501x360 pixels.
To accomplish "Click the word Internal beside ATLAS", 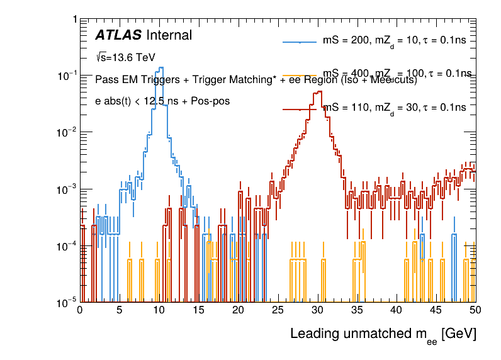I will (x=169, y=35).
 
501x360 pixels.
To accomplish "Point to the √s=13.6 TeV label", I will (x=125, y=57).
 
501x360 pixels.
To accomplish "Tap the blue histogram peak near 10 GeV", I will (x=162, y=68).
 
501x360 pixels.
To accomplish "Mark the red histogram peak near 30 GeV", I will (x=319, y=92).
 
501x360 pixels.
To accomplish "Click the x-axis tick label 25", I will (x=278, y=310).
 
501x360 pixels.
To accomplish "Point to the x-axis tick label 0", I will (x=80, y=310).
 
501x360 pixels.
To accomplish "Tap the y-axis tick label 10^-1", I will (x=65, y=76).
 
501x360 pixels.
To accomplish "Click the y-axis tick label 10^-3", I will (x=65, y=189).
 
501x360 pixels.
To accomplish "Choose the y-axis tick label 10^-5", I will (x=65, y=303).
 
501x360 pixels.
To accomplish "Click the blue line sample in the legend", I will (x=300, y=42).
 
